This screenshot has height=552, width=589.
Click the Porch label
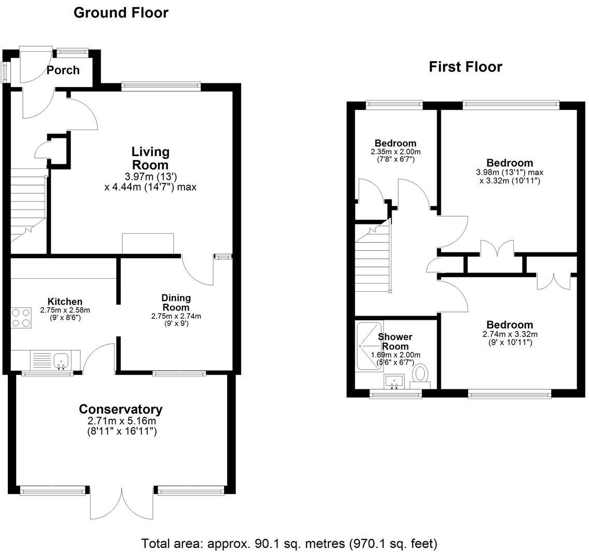tap(63, 70)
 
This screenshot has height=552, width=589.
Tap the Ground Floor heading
tap(121, 13)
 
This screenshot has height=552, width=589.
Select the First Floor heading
tap(466, 67)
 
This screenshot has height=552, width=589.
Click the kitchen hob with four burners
tap(21, 318)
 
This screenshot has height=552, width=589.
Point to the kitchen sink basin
tap(61, 361)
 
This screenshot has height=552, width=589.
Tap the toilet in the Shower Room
tap(420, 376)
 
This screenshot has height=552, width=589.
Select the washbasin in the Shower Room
tap(394, 381)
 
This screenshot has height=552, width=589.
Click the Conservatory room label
tap(121, 409)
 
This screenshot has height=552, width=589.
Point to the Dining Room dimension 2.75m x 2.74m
tap(176, 316)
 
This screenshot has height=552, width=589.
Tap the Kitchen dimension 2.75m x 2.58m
tap(65, 310)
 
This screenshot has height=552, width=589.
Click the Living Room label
tap(150, 158)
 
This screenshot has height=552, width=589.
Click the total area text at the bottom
tap(289, 543)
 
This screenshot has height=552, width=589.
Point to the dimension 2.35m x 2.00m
tap(396, 152)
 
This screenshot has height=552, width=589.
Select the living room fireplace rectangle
tap(148, 243)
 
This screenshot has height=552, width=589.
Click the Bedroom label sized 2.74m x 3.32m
tap(510, 325)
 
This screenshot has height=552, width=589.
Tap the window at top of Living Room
tap(161, 87)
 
